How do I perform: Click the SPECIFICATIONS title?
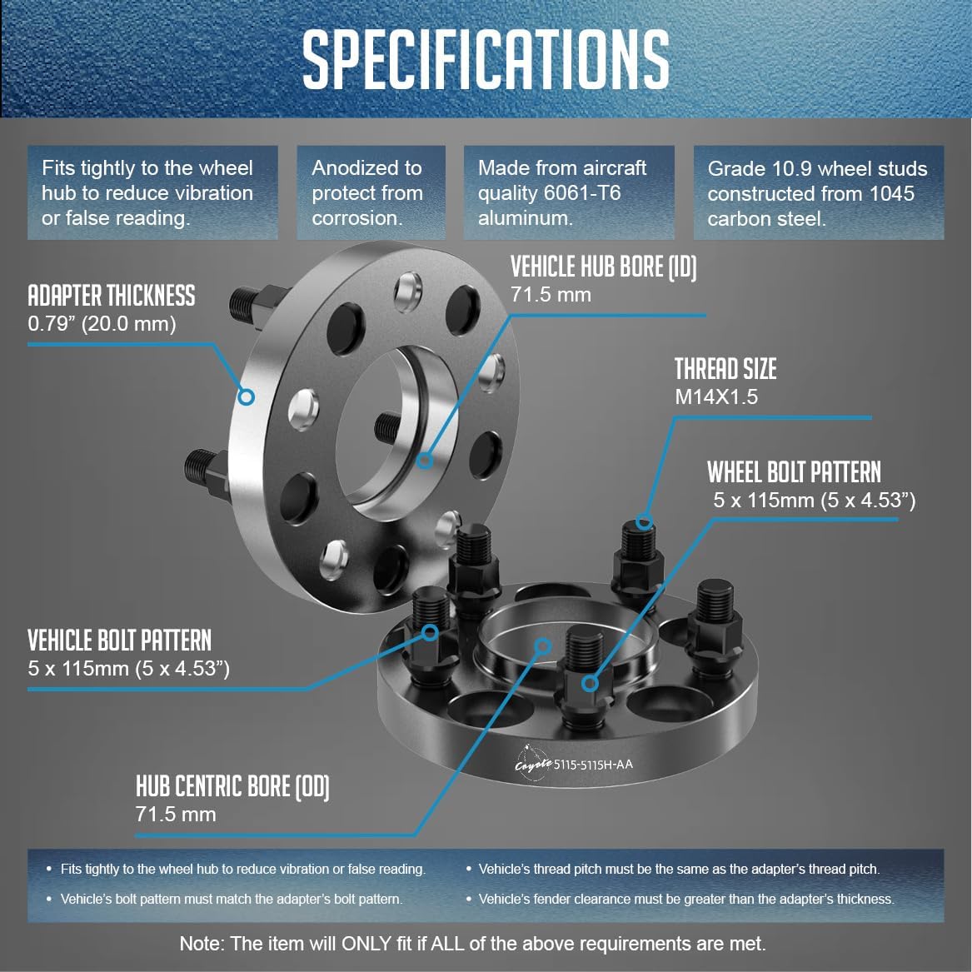coord(486,60)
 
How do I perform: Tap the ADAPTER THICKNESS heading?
coord(112,296)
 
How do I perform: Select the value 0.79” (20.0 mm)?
coord(102,324)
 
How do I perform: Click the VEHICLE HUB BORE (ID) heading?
coord(603,267)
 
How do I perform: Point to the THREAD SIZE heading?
coord(725,369)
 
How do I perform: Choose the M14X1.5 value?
coord(716,396)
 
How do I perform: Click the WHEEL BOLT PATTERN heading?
coord(794,472)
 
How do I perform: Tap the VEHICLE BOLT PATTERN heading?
coord(120,641)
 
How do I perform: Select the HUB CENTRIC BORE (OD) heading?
coord(232,786)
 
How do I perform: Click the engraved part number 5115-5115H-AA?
coord(593,765)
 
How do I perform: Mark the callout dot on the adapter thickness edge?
coord(246,396)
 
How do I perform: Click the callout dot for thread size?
coord(644,521)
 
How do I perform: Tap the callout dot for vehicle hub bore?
coord(425,461)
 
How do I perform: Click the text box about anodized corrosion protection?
coord(371,192)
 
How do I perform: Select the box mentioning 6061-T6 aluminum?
coord(568,192)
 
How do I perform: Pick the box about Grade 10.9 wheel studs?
coord(818,192)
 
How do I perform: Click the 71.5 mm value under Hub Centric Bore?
coord(176,814)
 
